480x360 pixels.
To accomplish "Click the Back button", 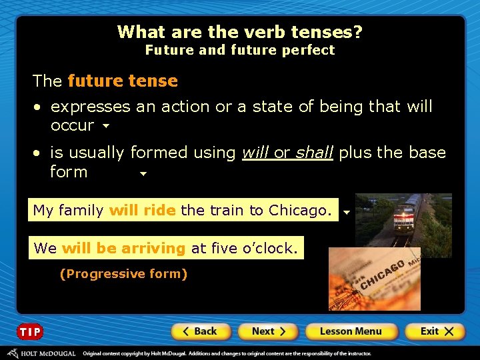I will (201, 331).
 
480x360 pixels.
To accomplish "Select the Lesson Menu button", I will (351, 331).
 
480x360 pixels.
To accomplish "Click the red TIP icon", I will (29, 332).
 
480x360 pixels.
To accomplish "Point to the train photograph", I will (403, 219).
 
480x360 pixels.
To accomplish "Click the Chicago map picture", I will (375, 279).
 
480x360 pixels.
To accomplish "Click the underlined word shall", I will (314, 153).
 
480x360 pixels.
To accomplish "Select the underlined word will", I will (255, 153).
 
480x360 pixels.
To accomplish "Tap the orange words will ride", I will (142, 211).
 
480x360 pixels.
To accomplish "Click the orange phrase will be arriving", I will (123, 249).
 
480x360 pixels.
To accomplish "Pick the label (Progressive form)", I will (123, 274).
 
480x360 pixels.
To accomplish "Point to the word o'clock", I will (271, 249).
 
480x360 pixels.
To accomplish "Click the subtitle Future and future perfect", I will (240, 50).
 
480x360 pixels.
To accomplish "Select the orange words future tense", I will (123, 81).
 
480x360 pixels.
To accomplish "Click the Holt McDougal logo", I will (41, 353).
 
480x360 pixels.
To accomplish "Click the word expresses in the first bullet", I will (91, 107).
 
